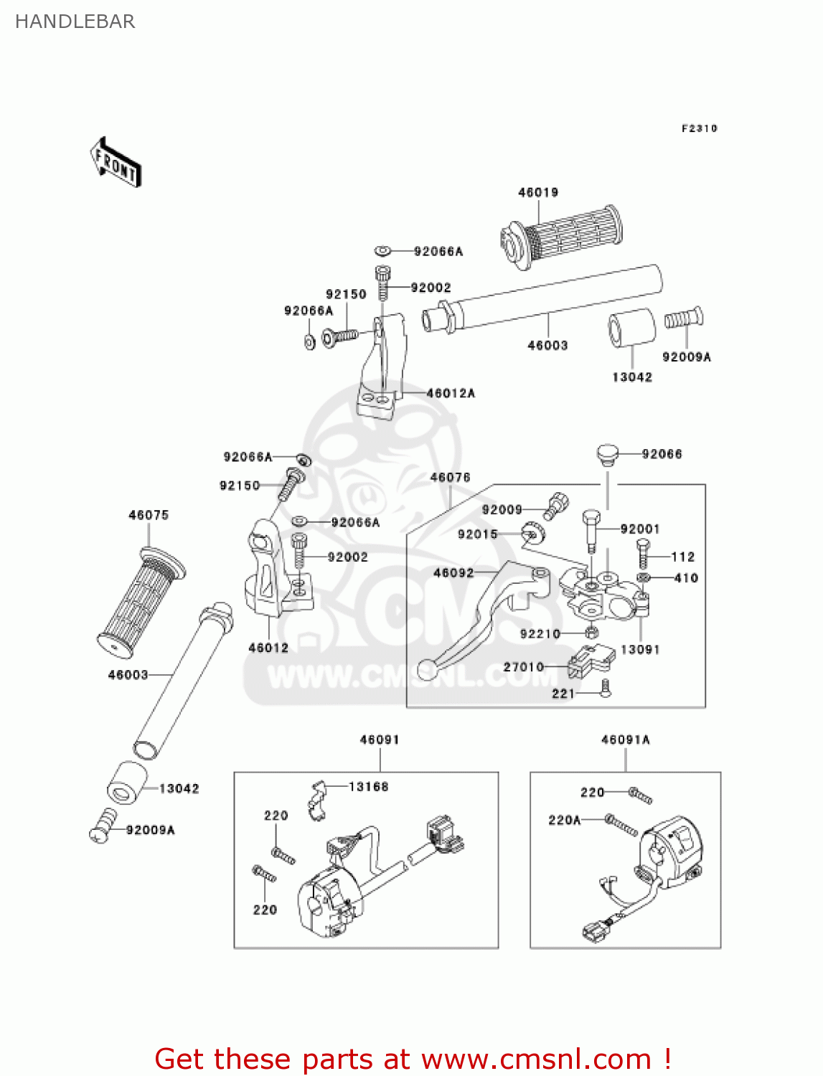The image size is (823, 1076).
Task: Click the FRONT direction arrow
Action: tap(116, 162)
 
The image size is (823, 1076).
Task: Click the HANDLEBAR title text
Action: tap(75, 22)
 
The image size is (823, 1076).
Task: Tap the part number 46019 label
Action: tap(538, 192)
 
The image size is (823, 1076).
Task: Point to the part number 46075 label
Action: tap(149, 515)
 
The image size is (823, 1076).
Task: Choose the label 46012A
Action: tap(451, 393)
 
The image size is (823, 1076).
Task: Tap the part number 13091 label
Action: tap(640, 649)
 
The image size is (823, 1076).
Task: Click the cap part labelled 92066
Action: tap(607, 455)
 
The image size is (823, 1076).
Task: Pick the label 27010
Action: tap(524, 667)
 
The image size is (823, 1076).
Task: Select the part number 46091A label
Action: tap(625, 740)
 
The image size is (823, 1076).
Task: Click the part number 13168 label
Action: tap(368, 787)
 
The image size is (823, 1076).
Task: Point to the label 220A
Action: tap(565, 820)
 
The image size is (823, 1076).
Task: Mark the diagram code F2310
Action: tap(699, 128)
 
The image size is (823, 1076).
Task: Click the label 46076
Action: tap(450, 478)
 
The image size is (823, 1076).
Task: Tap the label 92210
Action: tap(540, 634)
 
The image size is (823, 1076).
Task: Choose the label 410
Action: tap(686, 577)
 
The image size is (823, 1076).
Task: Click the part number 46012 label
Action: tap(268, 648)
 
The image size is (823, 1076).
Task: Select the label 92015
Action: tap(478, 534)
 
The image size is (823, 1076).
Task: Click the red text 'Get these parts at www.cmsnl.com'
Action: tap(413, 1059)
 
